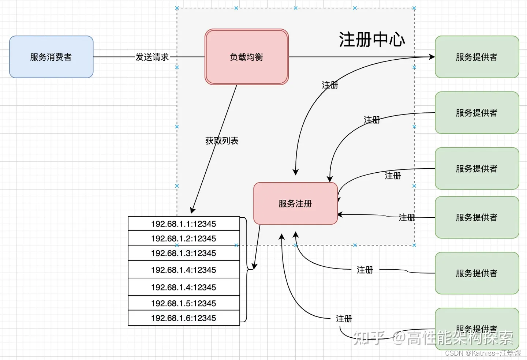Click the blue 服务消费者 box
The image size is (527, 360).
pyautogui.click(x=51, y=57)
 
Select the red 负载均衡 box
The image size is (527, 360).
pyautogui.click(x=247, y=57)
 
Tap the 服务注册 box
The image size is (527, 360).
pyautogui.click(x=295, y=203)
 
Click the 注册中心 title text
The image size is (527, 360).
pyautogui.click(x=372, y=40)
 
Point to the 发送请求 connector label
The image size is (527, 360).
pyautogui.click(x=152, y=57)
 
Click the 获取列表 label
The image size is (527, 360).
pyautogui.click(x=222, y=141)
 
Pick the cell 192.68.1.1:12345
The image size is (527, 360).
pyautogui.click(x=184, y=224)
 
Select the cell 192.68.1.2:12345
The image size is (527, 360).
pyautogui.click(x=184, y=239)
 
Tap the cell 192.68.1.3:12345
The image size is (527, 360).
pyautogui.click(x=184, y=253)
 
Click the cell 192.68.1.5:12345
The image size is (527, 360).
pyautogui.click(x=184, y=303)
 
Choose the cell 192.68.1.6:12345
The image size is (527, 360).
pyautogui.click(x=184, y=318)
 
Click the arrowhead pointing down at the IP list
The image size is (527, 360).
pyautogui.click(x=193, y=210)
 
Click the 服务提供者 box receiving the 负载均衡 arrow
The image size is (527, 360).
pyautogui.click(x=477, y=57)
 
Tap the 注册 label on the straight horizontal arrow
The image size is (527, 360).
pyautogui.click(x=407, y=218)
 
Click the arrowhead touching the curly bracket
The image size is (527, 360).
pyautogui.click(x=255, y=266)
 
